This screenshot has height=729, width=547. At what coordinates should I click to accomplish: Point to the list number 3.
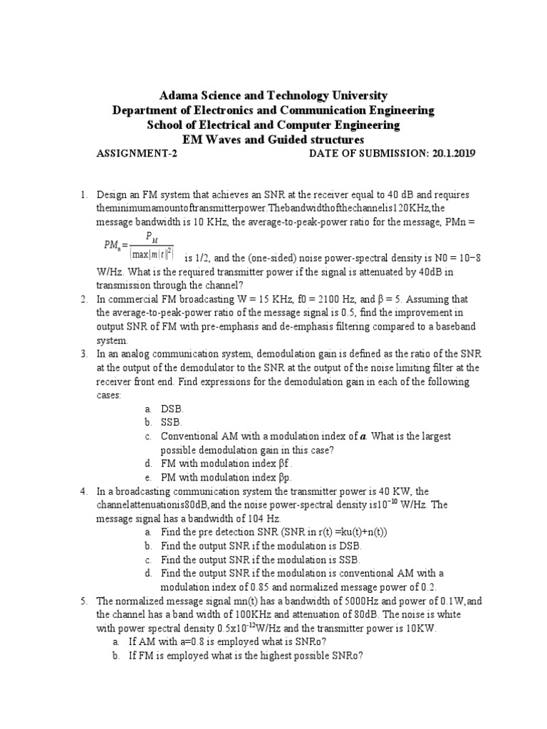[x=83, y=354]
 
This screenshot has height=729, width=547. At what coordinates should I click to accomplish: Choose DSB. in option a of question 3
[x=173, y=409]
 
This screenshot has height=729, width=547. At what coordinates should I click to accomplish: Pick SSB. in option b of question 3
[x=172, y=422]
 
